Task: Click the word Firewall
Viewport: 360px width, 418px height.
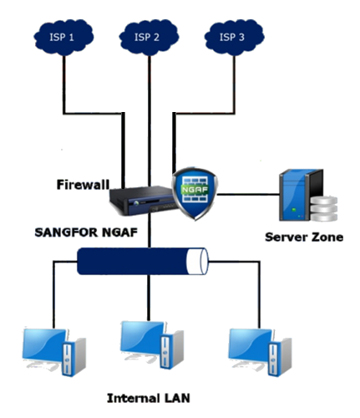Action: click(x=84, y=183)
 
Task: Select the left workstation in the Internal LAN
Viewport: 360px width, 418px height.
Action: click(x=50, y=351)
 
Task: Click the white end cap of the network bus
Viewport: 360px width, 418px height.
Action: click(x=197, y=262)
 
